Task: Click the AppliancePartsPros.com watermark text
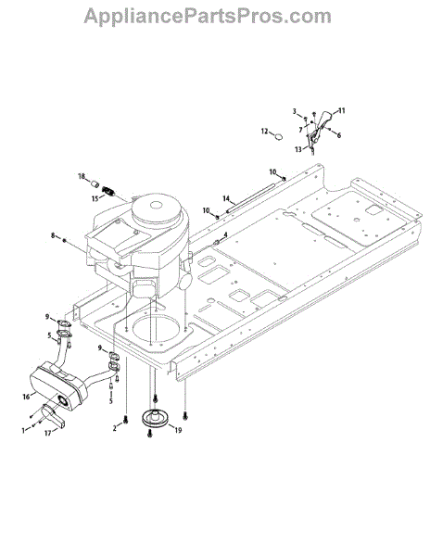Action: [208, 17]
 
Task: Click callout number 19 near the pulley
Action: [178, 430]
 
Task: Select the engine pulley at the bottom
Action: [156, 417]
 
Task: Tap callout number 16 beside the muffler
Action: [26, 397]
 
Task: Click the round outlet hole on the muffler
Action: [64, 400]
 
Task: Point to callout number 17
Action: [48, 433]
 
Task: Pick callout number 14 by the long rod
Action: [226, 198]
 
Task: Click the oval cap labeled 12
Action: [280, 136]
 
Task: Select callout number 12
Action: [264, 132]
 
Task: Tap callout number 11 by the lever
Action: [341, 111]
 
